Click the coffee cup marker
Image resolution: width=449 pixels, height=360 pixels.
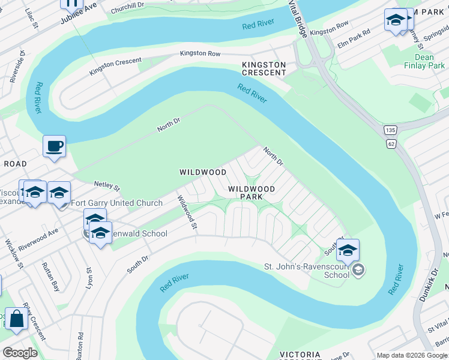pyautogui.click(x=54, y=146)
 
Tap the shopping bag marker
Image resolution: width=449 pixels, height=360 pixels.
pyautogui.click(x=16, y=319)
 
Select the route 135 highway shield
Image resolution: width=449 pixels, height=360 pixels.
pyautogui.click(x=391, y=130)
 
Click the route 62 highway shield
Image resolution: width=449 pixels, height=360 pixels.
pyautogui.click(x=391, y=143)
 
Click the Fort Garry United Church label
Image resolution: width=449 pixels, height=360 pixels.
pyautogui.click(x=116, y=203)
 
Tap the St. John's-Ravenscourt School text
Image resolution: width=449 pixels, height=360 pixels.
pyautogui.click(x=307, y=271)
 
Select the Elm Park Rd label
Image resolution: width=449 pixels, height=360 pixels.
pyautogui.click(x=354, y=40)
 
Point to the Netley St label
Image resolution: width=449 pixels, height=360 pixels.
pyautogui.click(x=107, y=188)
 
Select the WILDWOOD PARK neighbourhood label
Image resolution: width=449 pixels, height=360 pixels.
pyautogui.click(x=252, y=193)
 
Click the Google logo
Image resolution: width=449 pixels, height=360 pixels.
pyautogui.click(x=20, y=353)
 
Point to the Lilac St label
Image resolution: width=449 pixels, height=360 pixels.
pyautogui.click(x=31, y=19)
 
